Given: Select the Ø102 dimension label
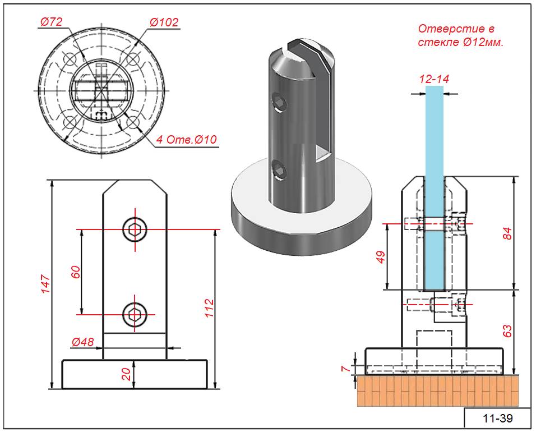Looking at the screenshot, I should (x=164, y=22).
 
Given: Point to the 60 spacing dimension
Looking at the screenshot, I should (x=77, y=272).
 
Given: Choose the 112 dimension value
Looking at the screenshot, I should (x=209, y=309).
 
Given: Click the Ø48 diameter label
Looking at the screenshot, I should (x=82, y=341).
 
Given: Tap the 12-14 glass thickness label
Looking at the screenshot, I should (x=434, y=79).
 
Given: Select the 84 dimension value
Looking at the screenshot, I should (x=507, y=233).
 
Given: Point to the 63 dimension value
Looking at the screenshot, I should (x=507, y=331).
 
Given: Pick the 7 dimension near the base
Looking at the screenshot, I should (x=346, y=369).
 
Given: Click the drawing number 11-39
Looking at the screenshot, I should (x=497, y=419).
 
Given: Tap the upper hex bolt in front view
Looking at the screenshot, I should (x=135, y=229).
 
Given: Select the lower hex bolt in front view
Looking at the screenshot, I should (x=135, y=314).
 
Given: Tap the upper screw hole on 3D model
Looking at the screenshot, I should (x=279, y=102).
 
